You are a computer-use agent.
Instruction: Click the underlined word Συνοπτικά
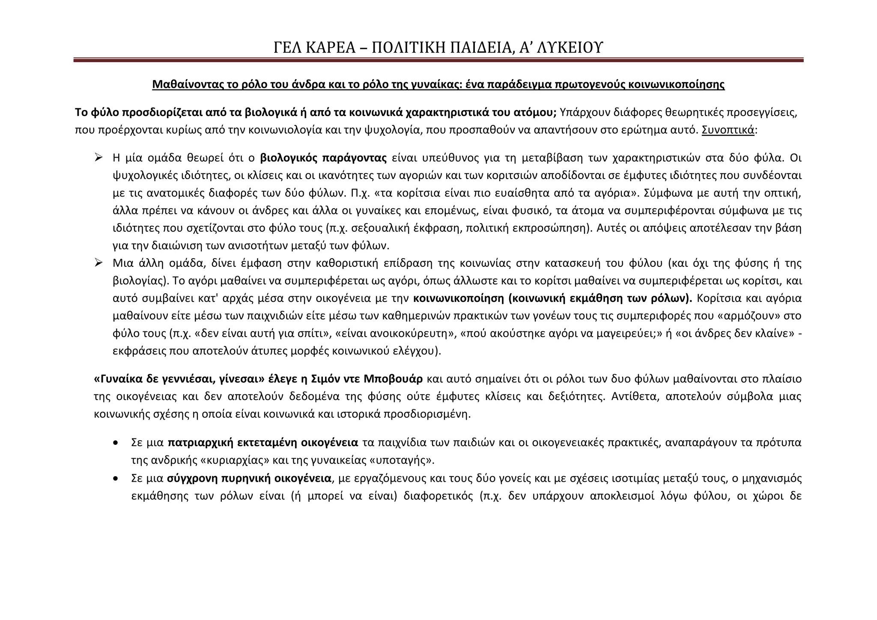(x=728, y=130)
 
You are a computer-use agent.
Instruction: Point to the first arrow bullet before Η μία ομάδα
(x=98, y=158)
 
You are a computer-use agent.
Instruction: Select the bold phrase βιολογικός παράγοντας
(x=323, y=158)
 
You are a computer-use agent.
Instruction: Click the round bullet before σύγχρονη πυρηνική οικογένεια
(x=116, y=478)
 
